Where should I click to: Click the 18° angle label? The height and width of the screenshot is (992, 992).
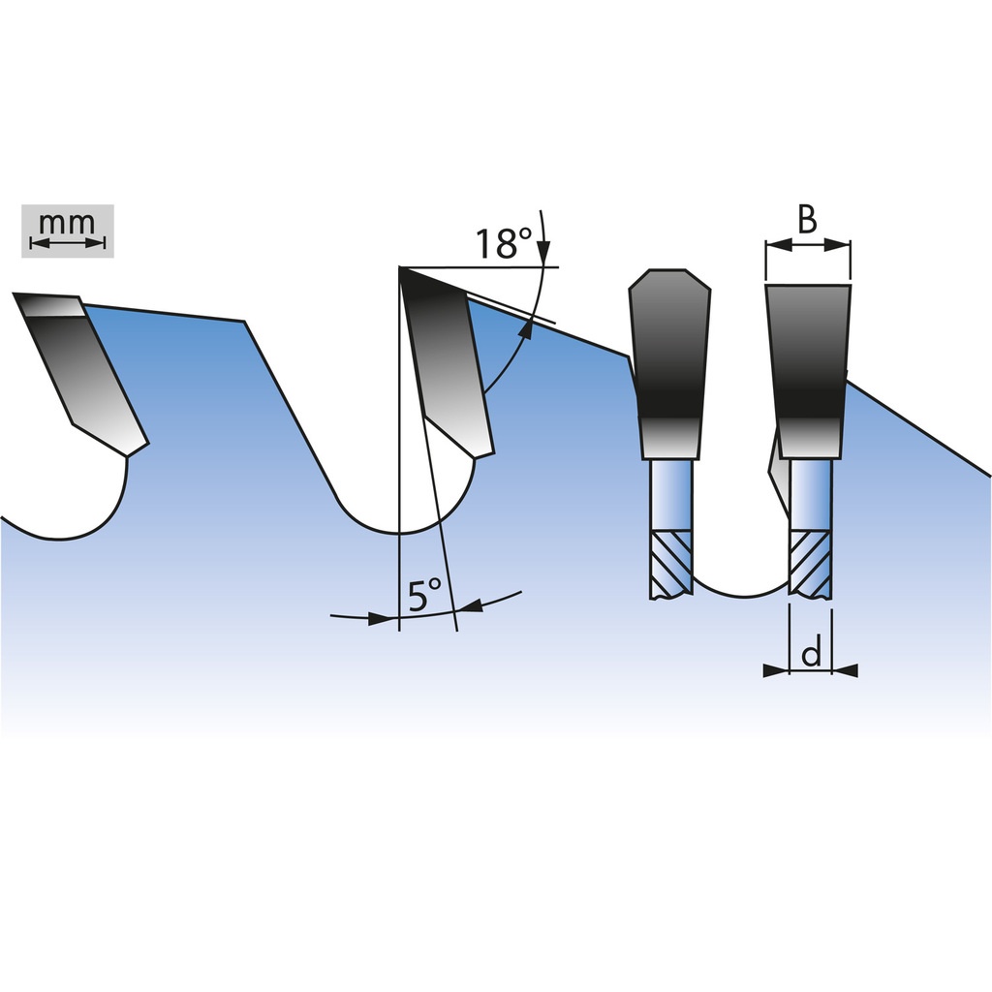504,243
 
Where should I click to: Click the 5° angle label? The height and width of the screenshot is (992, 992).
424,596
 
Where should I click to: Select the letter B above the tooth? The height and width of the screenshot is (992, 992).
807,220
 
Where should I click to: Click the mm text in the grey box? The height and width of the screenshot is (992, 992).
67,223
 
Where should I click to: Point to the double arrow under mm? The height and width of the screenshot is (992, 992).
67,243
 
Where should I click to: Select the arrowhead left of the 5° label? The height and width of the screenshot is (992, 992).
381,619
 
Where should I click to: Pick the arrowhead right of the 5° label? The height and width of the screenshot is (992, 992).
471,605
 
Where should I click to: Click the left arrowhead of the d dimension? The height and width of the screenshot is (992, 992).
776,670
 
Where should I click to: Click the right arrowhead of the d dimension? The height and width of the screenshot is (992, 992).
845,670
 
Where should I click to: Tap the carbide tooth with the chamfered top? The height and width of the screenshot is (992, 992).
670,364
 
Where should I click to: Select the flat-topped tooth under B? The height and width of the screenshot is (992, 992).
809,371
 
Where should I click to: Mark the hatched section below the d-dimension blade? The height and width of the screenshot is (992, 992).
810,564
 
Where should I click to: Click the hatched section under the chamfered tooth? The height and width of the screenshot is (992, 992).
671,564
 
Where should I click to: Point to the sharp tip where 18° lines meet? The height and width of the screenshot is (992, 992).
400,268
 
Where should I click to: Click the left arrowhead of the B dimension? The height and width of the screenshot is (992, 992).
778,245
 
